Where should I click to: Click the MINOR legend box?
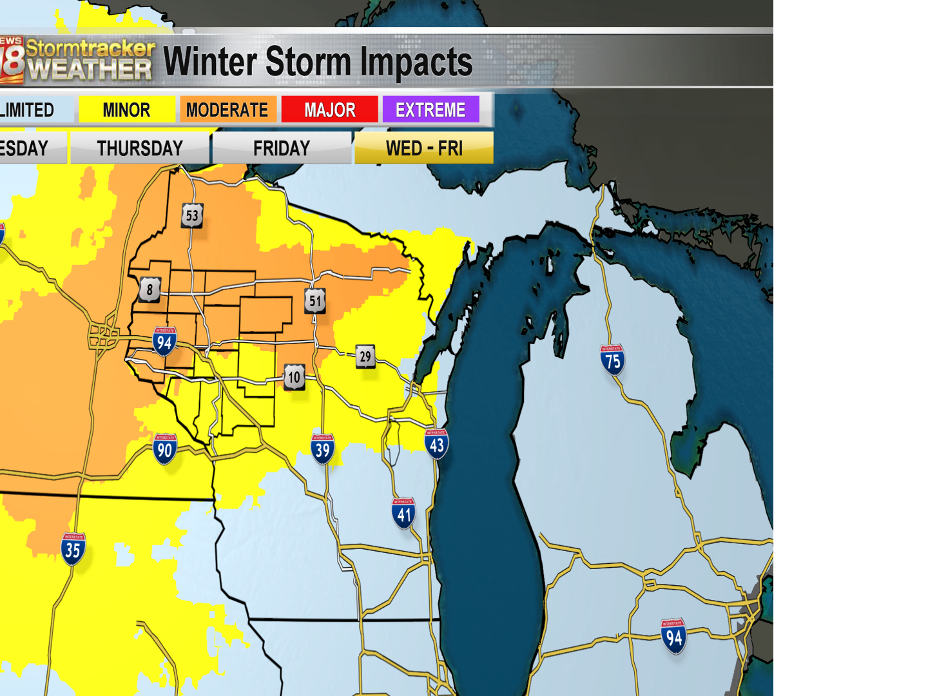(126, 110)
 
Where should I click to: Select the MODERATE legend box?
(227, 110)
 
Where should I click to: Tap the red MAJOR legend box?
(329, 110)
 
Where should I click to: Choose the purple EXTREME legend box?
(430, 110)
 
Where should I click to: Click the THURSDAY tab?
(140, 148)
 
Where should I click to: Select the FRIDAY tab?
(282, 148)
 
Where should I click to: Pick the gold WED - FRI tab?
(424, 148)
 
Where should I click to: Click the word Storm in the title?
(308, 62)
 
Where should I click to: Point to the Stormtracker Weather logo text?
(90, 60)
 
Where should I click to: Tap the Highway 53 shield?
(192, 215)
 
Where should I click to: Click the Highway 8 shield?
(150, 289)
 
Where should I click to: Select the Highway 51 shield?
(315, 300)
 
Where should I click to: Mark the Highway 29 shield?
(365, 356)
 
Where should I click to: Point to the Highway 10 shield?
(295, 377)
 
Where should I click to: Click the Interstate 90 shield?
(165, 449)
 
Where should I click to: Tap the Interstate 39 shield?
(323, 449)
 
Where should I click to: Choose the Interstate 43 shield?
(437, 444)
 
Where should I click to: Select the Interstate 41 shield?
(403, 514)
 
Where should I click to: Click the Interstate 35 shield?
(73, 549)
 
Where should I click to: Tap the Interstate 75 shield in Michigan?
(612, 360)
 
